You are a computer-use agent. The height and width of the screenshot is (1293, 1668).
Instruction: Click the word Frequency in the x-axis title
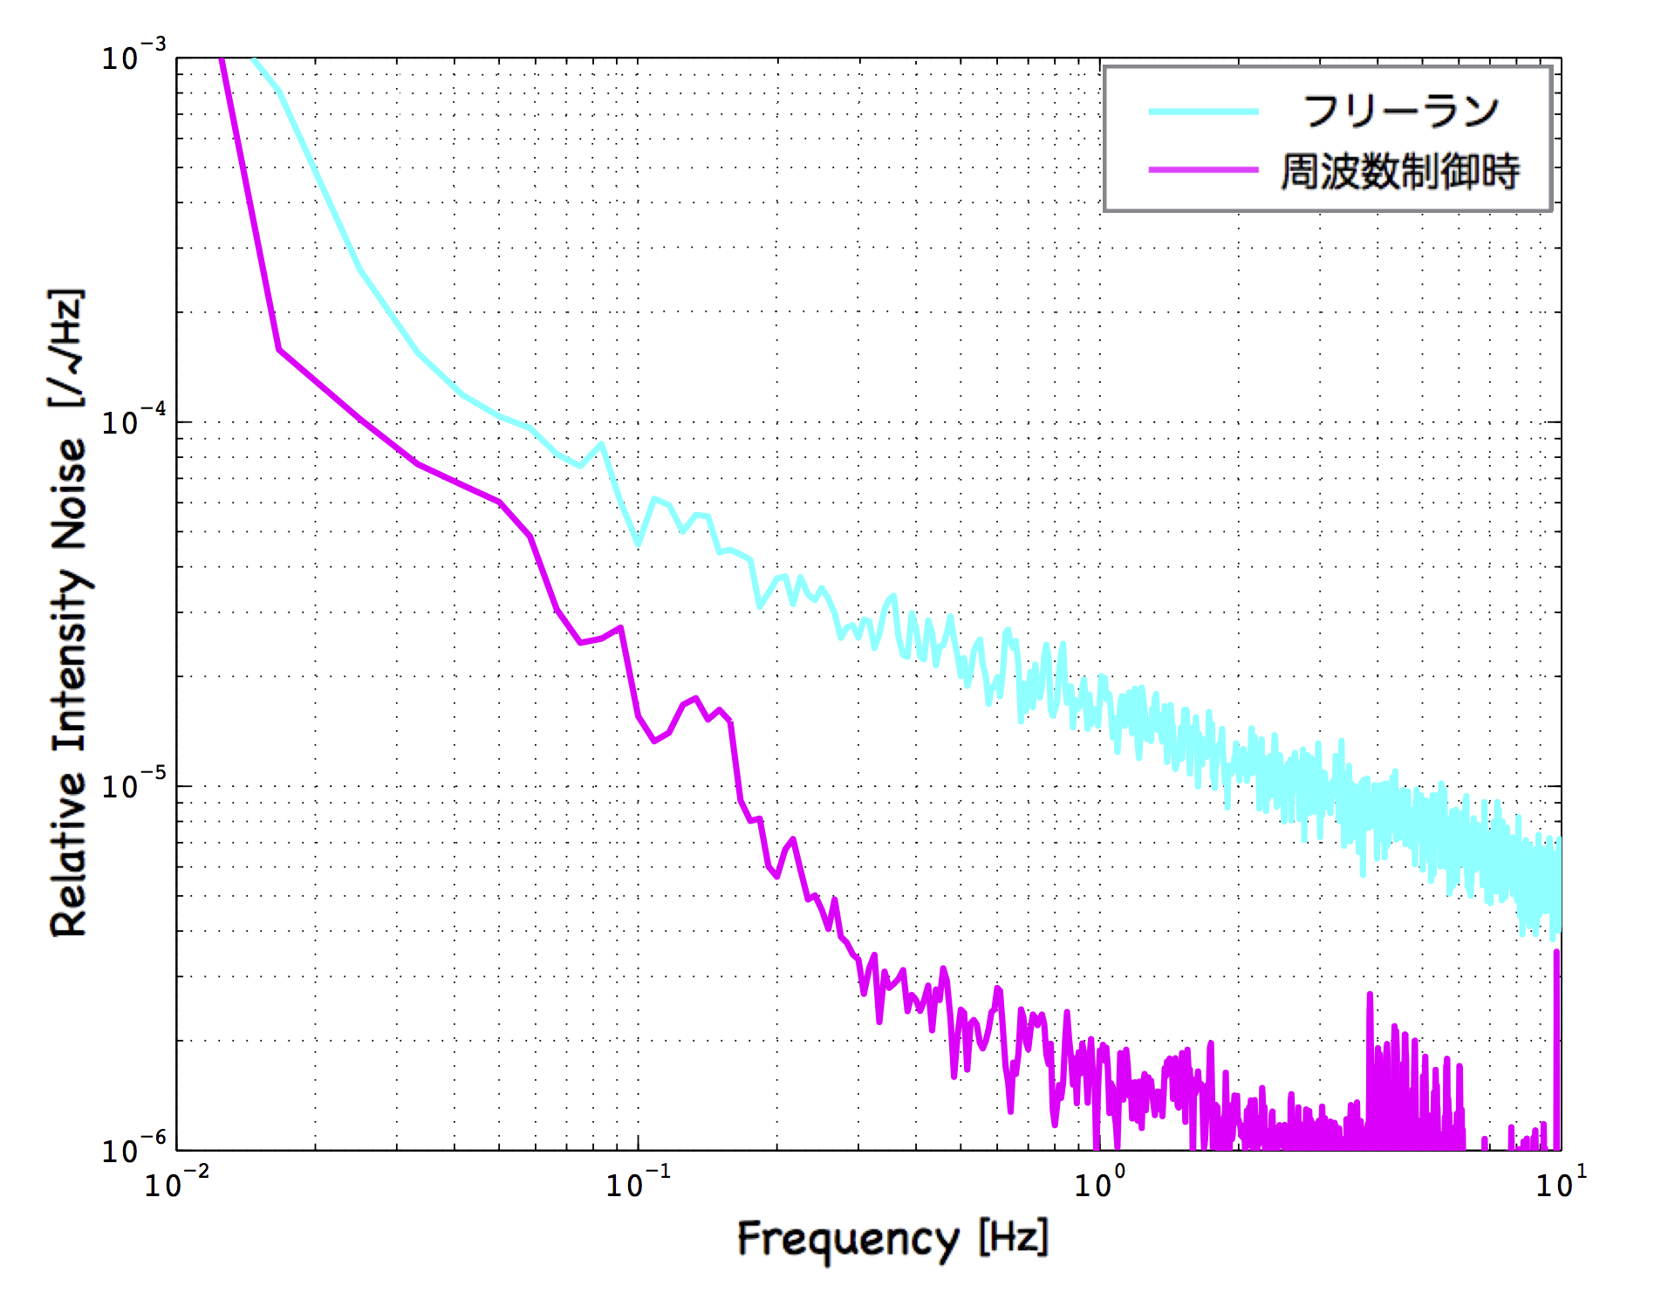[x=847, y=1240]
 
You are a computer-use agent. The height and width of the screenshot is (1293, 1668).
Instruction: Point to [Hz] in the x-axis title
[x=1013, y=1237]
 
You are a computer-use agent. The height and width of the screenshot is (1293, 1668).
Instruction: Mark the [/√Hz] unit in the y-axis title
[x=66, y=348]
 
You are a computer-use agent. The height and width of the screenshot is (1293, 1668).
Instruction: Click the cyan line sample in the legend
[x=1203, y=112]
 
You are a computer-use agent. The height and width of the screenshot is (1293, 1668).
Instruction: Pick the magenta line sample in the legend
[x=1203, y=169]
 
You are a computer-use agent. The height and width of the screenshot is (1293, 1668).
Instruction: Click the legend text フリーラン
[x=1400, y=112]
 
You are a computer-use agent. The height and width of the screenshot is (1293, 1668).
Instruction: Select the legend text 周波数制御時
[x=1400, y=171]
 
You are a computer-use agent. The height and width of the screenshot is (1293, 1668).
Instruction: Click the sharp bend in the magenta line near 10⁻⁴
[x=279, y=350]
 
